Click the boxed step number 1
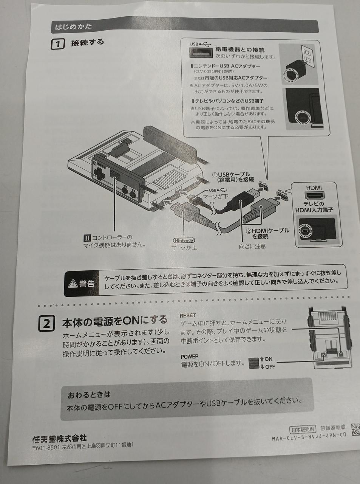pos(57,44)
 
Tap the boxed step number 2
pos(46,324)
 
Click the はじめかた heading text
pos(74,27)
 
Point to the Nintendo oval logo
pos(184,240)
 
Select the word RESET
pos(188,315)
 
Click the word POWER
pos(190,357)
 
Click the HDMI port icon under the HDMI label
pos(314,196)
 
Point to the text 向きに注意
pos(252,247)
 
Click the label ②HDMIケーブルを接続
pos(267,233)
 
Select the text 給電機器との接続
pos(239,50)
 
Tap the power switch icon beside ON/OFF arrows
pos(254,363)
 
